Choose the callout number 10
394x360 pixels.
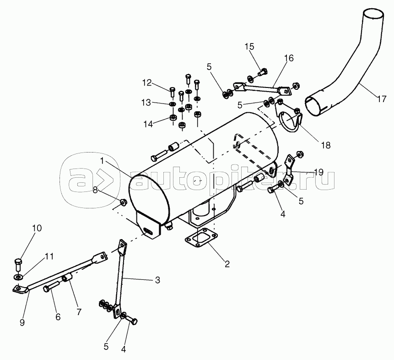(x=36, y=228)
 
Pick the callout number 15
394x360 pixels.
(x=248, y=46)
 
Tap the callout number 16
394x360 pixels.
(x=288, y=58)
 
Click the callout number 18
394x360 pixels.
(x=325, y=145)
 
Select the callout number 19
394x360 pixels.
(x=318, y=172)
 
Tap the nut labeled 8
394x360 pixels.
(x=123, y=202)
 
